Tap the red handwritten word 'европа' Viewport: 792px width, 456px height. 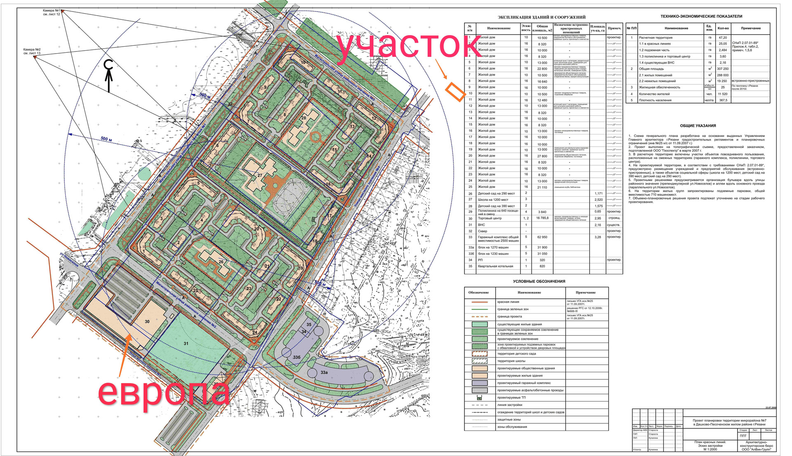pyautogui.click(x=163, y=393)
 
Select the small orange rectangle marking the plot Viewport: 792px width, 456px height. pyautogui.click(x=455, y=92)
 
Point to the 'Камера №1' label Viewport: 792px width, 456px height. pyautogui.click(x=52, y=10)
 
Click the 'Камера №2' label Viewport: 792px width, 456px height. pyautogui.click(x=32, y=49)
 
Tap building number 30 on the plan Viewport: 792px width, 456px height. pyautogui.click(x=147, y=322)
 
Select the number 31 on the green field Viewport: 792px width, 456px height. pyautogui.click(x=186, y=343)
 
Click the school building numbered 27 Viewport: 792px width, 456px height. pyautogui.click(x=260, y=175)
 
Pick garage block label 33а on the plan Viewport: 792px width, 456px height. pyautogui.click(x=324, y=372)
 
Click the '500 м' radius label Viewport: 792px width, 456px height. pyautogui.click(x=106, y=139)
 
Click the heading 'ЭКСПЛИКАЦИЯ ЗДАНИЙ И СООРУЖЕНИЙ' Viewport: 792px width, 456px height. pyautogui.click(x=541, y=17)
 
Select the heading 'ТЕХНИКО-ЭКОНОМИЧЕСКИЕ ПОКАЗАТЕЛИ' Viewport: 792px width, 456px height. pyautogui.click(x=701, y=16)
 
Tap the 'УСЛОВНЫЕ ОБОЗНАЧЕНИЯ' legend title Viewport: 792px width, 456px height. pyautogui.click(x=539, y=282)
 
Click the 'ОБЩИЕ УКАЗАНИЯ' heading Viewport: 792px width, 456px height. pyautogui.click(x=698, y=126)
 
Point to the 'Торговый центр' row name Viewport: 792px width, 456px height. pyautogui.click(x=490, y=219)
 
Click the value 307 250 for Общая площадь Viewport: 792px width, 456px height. pyautogui.click(x=723, y=69)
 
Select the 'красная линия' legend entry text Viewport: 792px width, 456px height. pyautogui.click(x=508, y=302)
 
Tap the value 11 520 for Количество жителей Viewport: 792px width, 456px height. pyautogui.click(x=723, y=94)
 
